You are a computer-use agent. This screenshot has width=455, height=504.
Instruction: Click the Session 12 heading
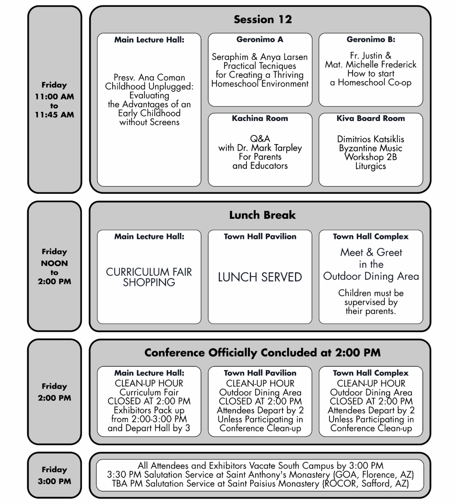[x=262, y=19]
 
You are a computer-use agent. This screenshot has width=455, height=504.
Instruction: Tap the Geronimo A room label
[x=260, y=39]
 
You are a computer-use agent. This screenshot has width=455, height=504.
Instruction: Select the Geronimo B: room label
[x=370, y=39]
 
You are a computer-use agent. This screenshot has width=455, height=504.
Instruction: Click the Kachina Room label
[x=260, y=118]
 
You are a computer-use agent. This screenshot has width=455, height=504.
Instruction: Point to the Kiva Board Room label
[x=370, y=118]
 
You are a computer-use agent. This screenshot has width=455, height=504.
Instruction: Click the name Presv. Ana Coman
[x=149, y=77]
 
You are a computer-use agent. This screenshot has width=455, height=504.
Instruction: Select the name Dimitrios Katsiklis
[x=370, y=139]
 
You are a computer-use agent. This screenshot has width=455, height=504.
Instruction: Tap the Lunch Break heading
[x=262, y=215]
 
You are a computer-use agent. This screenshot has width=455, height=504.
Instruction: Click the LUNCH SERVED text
[x=260, y=277]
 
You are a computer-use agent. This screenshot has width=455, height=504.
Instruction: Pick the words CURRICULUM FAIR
[x=149, y=272]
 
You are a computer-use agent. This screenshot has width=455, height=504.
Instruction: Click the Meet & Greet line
[x=371, y=252]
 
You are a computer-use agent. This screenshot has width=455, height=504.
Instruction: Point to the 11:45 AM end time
[x=54, y=115]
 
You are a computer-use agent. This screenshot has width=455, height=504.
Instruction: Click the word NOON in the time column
[x=54, y=263]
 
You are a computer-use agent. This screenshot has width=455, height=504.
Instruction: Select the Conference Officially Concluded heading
[x=262, y=353]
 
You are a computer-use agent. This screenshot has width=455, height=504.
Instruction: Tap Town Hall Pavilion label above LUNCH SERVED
[x=260, y=237]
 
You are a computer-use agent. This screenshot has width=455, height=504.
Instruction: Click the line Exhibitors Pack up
[x=149, y=410]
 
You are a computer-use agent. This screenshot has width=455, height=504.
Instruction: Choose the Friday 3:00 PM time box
[x=54, y=475]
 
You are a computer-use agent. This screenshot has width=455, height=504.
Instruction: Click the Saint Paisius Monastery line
[x=260, y=484]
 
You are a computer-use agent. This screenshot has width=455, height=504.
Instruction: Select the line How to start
[x=370, y=74]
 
